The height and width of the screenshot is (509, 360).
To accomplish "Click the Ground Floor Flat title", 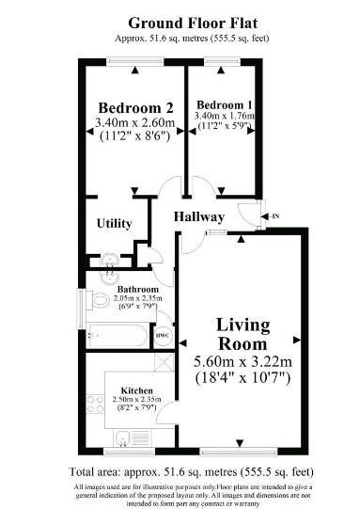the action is coord(193,23).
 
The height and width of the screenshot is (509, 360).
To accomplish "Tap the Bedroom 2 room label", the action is coord(136,108).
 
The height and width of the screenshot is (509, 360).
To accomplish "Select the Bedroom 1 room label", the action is coord(224,104).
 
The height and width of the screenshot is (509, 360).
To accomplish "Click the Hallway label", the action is coord(199,216).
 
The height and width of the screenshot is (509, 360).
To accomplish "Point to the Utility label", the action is coord(114,223).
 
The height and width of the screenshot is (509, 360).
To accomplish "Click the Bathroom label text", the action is coord(138,289).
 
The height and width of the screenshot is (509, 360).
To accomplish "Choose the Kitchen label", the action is coord(136,390).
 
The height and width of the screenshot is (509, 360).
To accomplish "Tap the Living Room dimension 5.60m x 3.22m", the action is coord(243,361).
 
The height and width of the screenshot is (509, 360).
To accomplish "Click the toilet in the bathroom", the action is coord(99,300).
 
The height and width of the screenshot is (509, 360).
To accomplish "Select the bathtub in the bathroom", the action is coord(117,335).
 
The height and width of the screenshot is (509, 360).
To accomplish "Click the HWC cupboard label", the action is coord(163,336).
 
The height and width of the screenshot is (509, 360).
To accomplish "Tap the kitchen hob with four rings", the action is coord(95,405).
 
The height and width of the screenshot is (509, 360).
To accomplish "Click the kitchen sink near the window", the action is coord(123,437).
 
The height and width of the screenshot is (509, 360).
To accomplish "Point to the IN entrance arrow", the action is coord(270,216).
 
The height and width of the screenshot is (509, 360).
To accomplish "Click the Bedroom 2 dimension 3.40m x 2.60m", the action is coord(135,122).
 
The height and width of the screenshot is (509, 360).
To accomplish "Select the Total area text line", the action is coord(192,471).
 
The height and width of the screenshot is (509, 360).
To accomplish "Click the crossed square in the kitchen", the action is coord(164,362).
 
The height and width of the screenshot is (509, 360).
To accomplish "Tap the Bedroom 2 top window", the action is coord(135,61).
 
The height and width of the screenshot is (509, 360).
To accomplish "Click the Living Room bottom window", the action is coord(239,451).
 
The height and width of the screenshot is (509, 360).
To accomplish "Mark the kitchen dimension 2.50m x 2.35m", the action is coord(136,399).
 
